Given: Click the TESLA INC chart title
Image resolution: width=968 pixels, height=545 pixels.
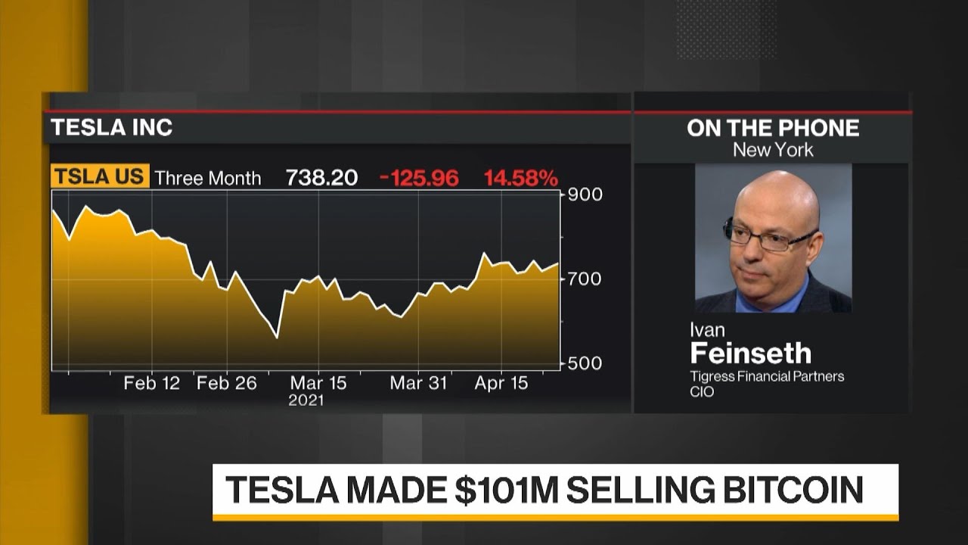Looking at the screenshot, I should tap(112, 127).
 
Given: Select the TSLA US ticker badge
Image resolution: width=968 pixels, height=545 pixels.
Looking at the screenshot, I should tap(100, 176).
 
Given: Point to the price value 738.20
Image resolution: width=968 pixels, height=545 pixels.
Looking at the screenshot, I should tap(321, 178).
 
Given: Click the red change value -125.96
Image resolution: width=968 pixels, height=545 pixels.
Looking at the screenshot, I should tap(420, 178).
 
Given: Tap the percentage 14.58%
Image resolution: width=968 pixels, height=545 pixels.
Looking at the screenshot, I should tap(521, 178).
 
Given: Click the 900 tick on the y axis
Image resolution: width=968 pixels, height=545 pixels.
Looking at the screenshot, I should tap(585, 195).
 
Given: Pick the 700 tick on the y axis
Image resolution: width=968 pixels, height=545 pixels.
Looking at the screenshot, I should tap(585, 279).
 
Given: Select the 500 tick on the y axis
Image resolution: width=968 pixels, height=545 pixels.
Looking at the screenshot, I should tap(585, 363).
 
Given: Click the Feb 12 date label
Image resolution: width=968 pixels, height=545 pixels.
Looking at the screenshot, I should tap(152, 383).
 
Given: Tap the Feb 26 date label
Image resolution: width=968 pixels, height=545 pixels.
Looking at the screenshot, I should tap(227, 383).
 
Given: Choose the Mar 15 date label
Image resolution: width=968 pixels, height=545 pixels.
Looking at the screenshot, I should tap(318, 383).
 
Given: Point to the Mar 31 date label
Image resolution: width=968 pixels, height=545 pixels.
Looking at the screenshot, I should tap(418, 383).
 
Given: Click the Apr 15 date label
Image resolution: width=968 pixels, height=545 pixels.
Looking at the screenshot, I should tap(501, 383).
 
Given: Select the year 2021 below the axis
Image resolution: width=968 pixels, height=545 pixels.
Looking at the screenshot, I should tap(306, 400).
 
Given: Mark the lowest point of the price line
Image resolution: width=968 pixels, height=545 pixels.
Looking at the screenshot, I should tap(277, 338).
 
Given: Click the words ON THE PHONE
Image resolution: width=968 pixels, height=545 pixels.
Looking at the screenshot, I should tap(773, 128).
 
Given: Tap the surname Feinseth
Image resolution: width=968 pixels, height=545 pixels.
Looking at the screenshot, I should tap(750, 353).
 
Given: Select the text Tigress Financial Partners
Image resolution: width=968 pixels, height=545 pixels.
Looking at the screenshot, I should tap(766, 376).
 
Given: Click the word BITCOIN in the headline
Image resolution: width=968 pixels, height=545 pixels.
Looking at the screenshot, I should tap(793, 490).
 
